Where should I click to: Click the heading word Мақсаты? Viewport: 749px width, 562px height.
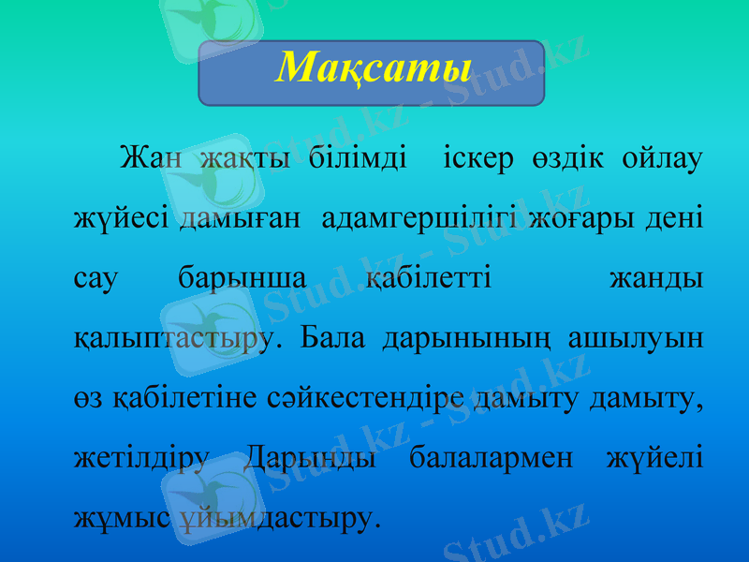(x=372, y=67)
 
